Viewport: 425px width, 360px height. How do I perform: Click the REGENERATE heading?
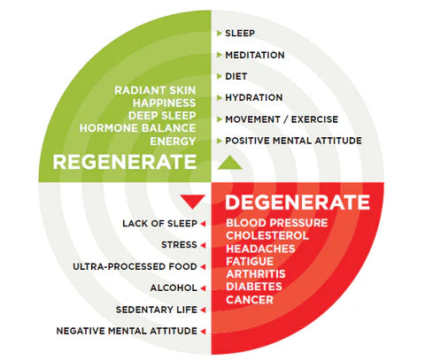coord(125,162)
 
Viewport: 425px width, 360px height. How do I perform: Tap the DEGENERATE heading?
coord(297,202)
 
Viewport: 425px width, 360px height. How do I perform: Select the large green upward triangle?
coord(229,163)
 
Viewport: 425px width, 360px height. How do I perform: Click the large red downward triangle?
coord(193,202)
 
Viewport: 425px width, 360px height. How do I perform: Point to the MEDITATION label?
coord(255,55)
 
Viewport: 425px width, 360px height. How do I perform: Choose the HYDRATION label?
coord(254,97)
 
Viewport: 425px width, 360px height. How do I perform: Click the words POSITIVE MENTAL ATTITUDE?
coord(293,141)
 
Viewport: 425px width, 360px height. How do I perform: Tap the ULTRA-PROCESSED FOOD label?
coord(135,266)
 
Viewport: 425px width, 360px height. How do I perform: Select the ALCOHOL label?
coord(174,287)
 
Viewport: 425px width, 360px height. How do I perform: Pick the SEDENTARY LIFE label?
coord(157,310)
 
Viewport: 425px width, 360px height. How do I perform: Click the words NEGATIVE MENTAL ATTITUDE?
coord(127,331)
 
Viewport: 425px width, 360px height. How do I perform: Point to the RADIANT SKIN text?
coord(155,90)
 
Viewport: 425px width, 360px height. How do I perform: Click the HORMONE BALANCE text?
coord(137,128)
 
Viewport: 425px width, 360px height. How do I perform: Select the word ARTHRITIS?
coord(256,274)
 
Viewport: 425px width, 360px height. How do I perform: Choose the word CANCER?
coord(250,300)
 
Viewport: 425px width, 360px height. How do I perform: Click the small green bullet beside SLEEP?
coord(219,33)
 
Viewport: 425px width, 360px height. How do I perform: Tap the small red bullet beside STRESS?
coord(203,245)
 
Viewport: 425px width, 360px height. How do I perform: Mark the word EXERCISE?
coord(314,119)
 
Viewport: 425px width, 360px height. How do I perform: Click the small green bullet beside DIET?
coord(219,76)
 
